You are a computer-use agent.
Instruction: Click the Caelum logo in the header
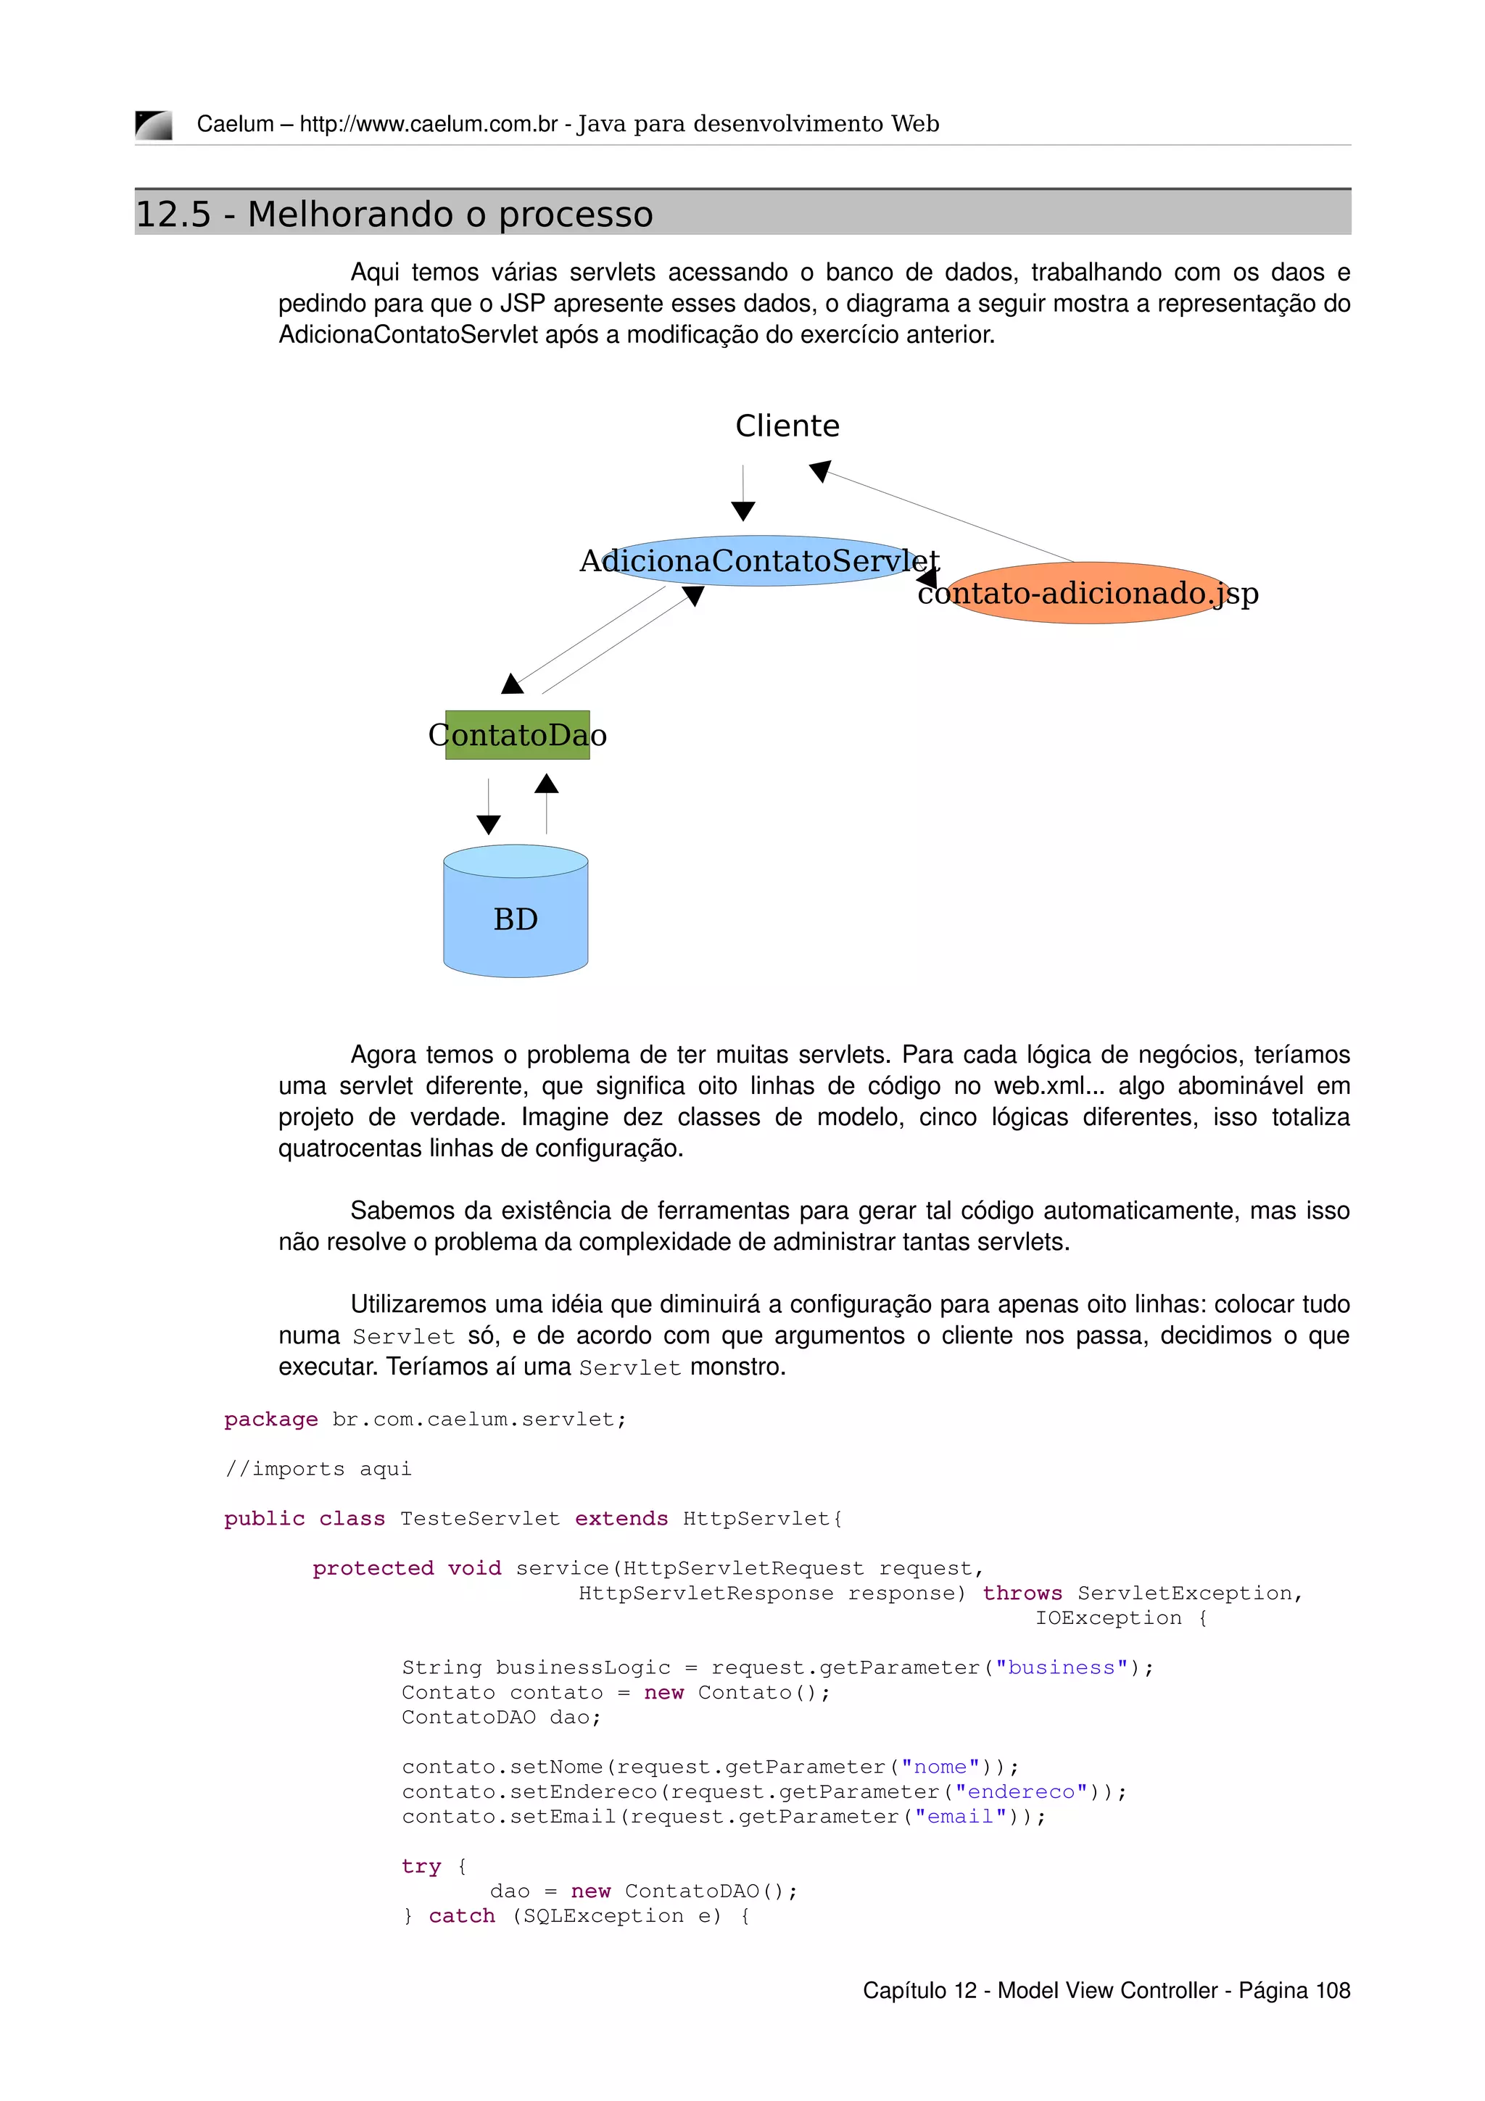tap(154, 125)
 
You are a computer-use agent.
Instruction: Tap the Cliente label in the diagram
tap(787, 426)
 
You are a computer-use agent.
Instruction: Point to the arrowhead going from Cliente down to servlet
tap(743, 510)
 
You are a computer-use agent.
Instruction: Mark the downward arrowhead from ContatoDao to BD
tap(489, 824)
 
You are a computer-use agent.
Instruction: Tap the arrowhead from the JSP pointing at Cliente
tap(820, 471)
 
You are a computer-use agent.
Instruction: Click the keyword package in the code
tap(271, 1420)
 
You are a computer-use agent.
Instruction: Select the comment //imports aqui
tap(318, 1469)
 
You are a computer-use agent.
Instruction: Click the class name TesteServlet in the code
tap(479, 1519)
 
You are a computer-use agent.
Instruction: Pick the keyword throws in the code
tap(1022, 1593)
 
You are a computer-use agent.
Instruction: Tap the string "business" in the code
tap(1062, 1667)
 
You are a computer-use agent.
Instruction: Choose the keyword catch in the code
tap(462, 1915)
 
